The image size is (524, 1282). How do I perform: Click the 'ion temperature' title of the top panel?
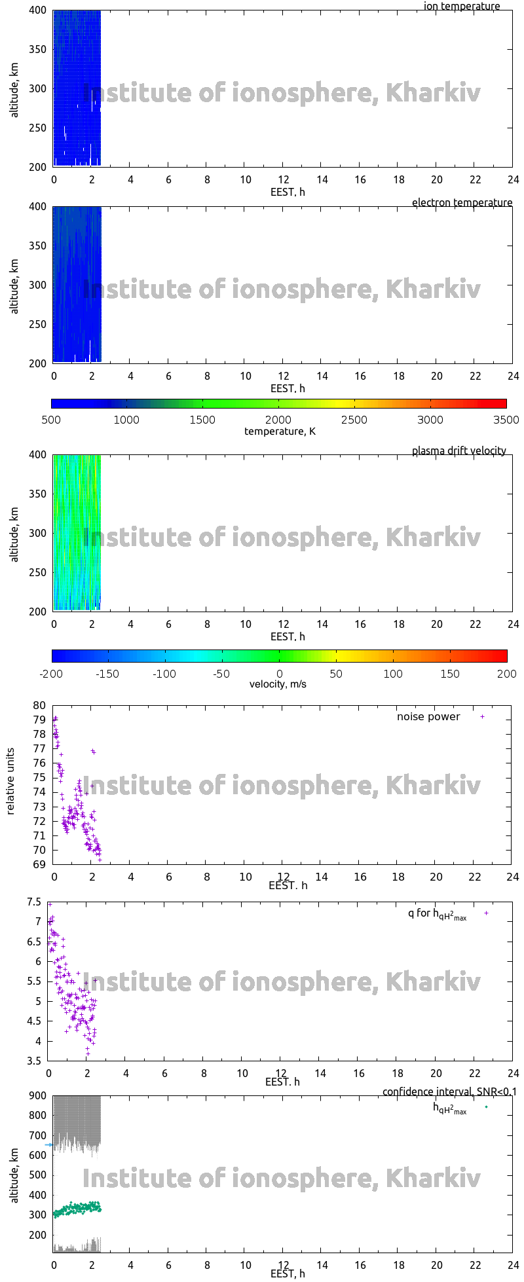[462, 7]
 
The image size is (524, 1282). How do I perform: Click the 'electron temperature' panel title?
[462, 203]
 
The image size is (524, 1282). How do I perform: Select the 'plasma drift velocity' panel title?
[458, 451]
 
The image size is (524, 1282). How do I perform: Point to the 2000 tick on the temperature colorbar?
[278, 420]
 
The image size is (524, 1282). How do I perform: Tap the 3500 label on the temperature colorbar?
[506, 420]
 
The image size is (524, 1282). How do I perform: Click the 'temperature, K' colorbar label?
[280, 431]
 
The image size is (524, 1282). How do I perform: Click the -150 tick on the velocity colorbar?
[109, 673]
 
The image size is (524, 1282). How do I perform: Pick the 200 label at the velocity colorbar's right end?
[507, 673]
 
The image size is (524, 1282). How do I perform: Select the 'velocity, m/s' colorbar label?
[278, 684]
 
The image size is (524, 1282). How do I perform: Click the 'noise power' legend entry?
[428, 717]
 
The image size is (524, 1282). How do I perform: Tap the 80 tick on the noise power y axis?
[40, 706]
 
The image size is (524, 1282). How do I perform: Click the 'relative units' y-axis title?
[11, 784]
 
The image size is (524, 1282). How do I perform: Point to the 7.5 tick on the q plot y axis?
[34, 902]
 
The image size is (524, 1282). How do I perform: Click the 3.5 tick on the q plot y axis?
[34, 1061]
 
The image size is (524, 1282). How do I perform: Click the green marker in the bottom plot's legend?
[486, 1107]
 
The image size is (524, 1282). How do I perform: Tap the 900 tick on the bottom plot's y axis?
[37, 1095]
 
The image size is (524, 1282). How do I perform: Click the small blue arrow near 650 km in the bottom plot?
[48, 1145]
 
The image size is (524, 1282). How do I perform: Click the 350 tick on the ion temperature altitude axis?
[37, 49]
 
